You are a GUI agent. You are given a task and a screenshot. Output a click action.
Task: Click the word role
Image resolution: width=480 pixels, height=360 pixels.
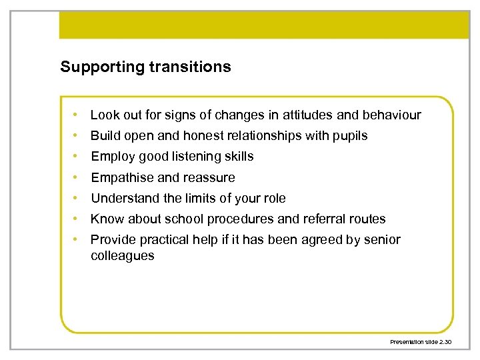pyautogui.click(x=273, y=199)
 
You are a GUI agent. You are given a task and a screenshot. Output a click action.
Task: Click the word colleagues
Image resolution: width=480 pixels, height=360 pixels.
pyautogui.click(x=122, y=256)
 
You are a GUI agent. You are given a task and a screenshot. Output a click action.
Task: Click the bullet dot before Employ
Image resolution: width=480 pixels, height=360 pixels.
pyautogui.click(x=78, y=157)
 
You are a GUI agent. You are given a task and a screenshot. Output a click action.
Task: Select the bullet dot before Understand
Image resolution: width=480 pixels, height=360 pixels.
pyautogui.click(x=78, y=199)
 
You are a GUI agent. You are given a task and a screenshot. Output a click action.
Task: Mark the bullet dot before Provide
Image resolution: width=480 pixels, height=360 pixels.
pyautogui.click(x=78, y=240)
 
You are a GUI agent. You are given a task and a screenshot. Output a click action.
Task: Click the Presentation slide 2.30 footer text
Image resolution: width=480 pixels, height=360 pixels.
pyautogui.click(x=421, y=342)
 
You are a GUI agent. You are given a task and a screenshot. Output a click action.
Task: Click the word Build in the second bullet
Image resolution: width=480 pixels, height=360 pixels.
pyautogui.click(x=104, y=136)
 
